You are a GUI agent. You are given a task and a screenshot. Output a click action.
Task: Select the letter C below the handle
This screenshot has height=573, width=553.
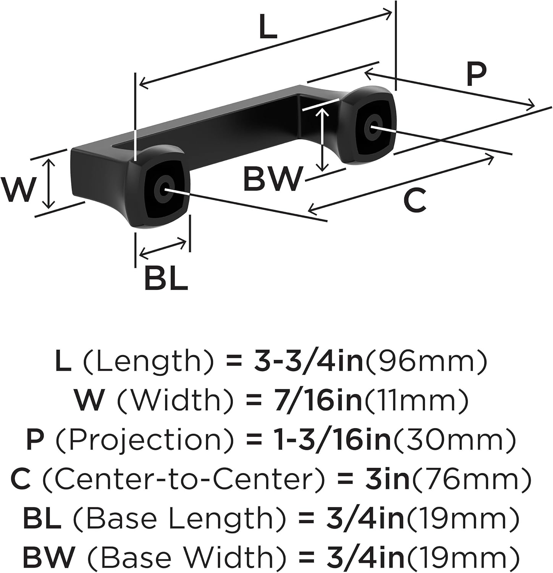[415, 201]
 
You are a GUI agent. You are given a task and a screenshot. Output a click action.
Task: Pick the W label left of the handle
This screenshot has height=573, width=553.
[18, 189]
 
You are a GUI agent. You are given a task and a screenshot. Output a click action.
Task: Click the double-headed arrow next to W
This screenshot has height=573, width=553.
[49, 183]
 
